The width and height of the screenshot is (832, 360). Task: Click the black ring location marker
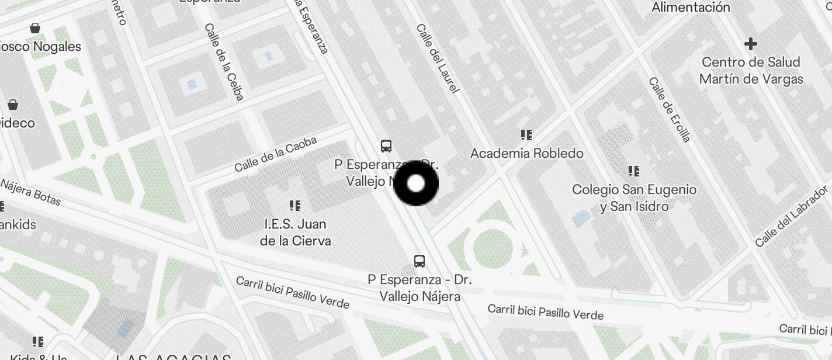pos(415,184)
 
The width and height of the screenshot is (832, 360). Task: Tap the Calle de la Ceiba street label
pos(224,62)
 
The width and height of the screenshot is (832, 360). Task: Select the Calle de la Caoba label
pos(276,154)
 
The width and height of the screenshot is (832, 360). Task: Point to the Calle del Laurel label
pos(438,58)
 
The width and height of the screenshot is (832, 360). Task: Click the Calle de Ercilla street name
pos(670,109)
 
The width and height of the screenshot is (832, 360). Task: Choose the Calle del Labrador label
pos(792,216)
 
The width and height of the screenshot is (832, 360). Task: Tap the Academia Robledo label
pos(526,154)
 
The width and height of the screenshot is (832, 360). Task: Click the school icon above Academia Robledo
pos(526,135)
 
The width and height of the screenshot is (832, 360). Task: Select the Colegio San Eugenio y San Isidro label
pos(634,198)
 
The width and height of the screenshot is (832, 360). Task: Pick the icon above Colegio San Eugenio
pos(633,171)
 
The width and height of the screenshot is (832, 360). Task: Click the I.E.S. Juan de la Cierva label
pos(295,232)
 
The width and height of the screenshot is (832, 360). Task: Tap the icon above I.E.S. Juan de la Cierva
pos(295,206)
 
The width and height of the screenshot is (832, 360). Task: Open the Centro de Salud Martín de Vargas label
pos(751,70)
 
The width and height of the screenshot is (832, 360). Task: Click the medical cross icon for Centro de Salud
pos(751,44)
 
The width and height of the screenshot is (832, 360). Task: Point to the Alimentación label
pos(691,8)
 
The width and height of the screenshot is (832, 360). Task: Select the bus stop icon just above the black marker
pos(386,146)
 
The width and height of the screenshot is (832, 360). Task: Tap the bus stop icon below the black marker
pos(419,261)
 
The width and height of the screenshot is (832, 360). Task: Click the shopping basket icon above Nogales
pos(36,28)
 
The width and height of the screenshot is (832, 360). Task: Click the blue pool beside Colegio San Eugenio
pos(581,219)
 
